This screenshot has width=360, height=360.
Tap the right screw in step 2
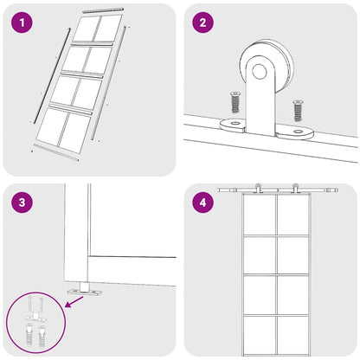pyautogui.click(x=298, y=110)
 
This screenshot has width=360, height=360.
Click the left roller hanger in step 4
pyautogui.click(x=260, y=189)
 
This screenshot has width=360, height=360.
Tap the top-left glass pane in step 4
pyautogui.click(x=259, y=215)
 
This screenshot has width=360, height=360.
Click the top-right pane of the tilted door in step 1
pyautogui.click(x=107, y=29)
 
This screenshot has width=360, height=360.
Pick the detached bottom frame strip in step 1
pyautogui.click(x=56, y=161)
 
